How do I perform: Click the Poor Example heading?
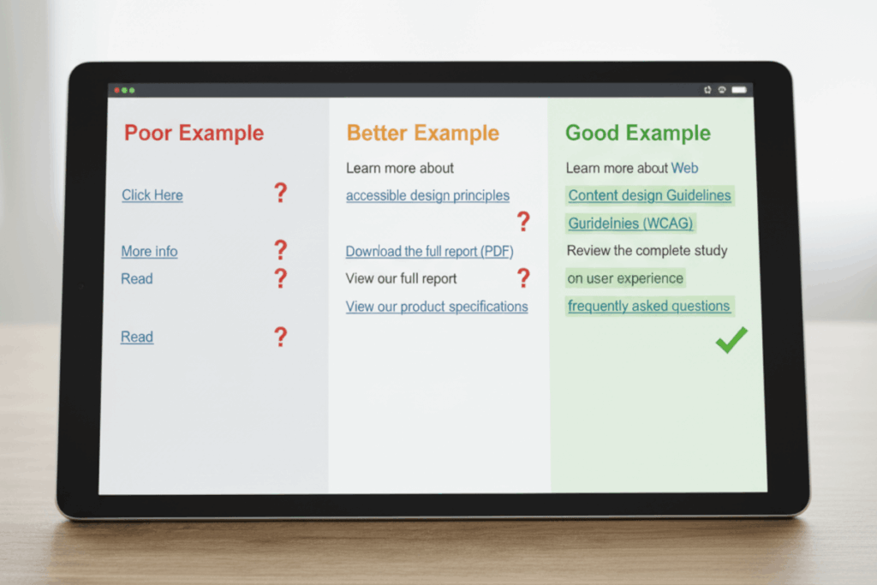194,133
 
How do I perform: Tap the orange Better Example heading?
422,133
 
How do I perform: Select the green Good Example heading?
637,133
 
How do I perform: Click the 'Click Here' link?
152,195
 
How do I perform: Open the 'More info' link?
149,252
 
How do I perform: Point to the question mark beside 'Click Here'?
280,193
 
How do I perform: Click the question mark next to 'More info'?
280,250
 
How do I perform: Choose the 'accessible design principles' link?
427,196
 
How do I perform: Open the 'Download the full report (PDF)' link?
429,252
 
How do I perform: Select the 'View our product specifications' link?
437,307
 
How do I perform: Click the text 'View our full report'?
401,278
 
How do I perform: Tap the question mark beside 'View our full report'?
523,278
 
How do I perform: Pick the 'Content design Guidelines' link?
649,195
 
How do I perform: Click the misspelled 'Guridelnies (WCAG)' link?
630,224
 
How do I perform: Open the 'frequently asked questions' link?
648,306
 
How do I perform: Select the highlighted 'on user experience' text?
625,278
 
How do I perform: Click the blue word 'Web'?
684,168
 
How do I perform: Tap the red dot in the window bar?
116,90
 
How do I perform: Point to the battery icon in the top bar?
738,90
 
